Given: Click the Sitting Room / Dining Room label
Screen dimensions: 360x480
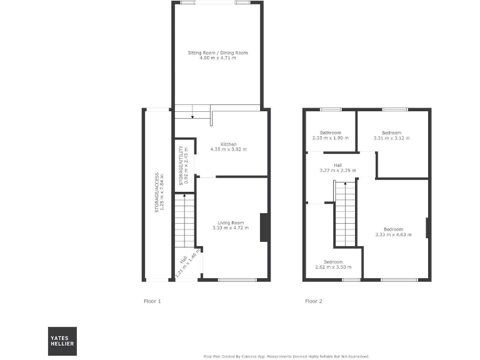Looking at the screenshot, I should pos(217,53).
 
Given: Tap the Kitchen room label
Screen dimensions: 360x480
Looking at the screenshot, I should pos(228,144).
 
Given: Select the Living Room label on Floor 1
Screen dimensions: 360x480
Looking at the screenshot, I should pos(230,223).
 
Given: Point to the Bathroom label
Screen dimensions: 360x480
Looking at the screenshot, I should pos(330,132).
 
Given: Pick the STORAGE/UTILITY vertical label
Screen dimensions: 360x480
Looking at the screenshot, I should pos(181,166).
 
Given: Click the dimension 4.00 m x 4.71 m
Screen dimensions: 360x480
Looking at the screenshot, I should pos(217,58).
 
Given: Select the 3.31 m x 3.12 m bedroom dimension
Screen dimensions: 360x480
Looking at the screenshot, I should pos(392,137).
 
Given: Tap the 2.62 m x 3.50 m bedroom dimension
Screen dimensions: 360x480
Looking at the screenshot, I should pos(333,267).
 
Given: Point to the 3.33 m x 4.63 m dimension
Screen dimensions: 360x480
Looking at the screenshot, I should pos(394,234).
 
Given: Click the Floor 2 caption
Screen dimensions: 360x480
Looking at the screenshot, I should pos(314,301).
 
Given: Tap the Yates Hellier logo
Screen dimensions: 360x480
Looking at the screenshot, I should pos(62,341).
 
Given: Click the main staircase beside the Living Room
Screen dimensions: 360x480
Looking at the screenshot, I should pos(184,222).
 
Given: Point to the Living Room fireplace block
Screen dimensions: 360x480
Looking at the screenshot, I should pos(264,227).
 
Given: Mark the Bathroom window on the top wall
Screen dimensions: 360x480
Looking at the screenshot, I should pos(331,109).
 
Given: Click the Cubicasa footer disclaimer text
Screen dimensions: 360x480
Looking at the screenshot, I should pos(286,356).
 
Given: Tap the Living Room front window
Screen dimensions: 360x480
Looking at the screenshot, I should pos(237,279).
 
